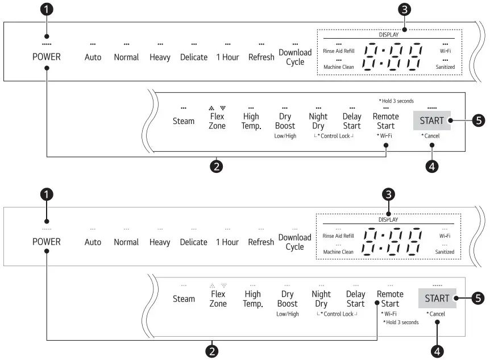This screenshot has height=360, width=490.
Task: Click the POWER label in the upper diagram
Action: [47, 57]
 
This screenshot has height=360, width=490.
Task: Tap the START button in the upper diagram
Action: [431, 121]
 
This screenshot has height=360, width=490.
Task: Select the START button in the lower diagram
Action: [437, 298]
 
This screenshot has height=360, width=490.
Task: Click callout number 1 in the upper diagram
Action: [47, 10]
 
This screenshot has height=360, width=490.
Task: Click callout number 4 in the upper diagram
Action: [431, 166]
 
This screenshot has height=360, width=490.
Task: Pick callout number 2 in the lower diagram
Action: [212, 351]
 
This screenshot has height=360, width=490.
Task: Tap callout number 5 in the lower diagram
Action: [479, 297]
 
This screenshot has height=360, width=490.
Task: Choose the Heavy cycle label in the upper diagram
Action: [160, 57]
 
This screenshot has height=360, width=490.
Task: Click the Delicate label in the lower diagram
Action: [193, 242]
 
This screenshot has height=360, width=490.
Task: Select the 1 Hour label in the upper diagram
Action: [227, 57]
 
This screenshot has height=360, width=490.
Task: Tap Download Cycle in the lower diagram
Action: [294, 242]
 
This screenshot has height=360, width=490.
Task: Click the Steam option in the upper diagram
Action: [184, 121]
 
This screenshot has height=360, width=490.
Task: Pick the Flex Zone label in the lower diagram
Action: [218, 299]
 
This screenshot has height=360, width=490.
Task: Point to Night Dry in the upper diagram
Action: [318, 121]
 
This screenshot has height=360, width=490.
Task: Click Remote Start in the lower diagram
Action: [390, 299]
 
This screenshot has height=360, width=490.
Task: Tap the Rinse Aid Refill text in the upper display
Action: [338, 51]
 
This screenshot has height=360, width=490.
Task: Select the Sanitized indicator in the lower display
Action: [445, 251]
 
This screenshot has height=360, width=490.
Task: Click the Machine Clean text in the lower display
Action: [338, 251]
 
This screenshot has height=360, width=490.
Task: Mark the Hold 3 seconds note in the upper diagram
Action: [396, 101]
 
